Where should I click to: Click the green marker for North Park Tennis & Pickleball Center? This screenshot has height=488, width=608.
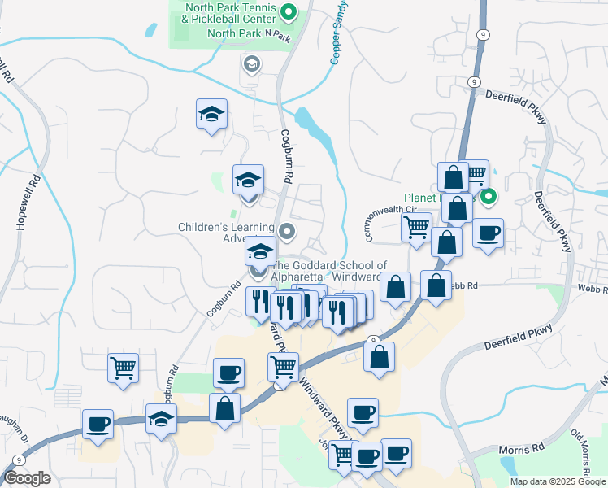click(287, 11)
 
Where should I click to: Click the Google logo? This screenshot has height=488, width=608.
click(27, 479)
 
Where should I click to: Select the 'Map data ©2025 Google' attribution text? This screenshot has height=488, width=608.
click(557, 481)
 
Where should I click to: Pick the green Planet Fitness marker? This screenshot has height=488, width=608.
click(488, 196)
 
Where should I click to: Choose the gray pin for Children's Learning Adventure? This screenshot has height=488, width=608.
click(286, 233)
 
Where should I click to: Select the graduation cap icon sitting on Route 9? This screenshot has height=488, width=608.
click(161, 419)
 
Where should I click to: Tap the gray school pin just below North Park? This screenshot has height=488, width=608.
click(251, 63)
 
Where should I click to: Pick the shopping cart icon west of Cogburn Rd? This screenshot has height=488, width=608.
click(123, 368)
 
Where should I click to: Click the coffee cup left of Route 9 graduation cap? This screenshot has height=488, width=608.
click(98, 423)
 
